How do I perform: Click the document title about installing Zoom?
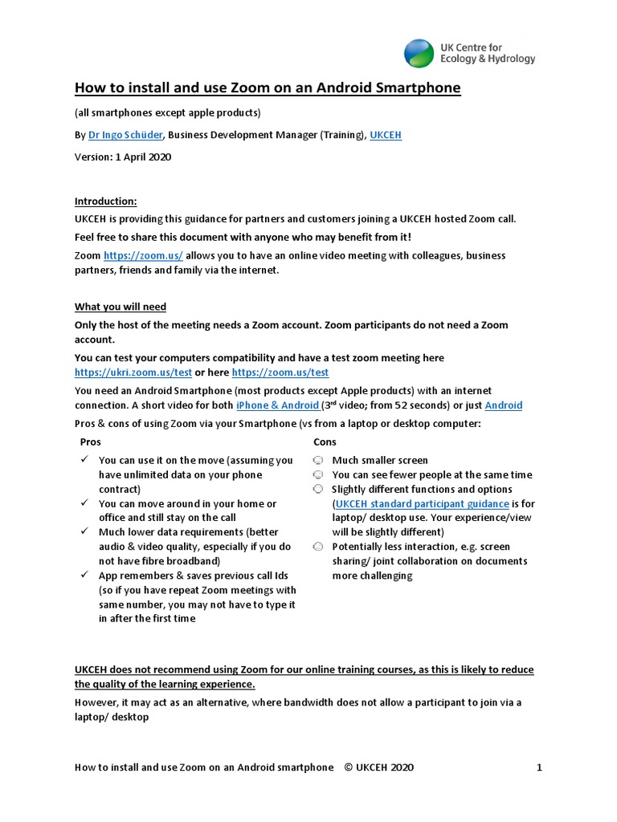tap(268, 87)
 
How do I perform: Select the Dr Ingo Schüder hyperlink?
tap(125, 135)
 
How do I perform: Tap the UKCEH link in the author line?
tap(385, 135)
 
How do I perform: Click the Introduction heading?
tap(106, 201)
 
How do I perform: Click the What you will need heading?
tap(121, 307)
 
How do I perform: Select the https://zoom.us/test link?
tap(280, 372)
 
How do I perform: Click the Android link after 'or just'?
tap(504, 405)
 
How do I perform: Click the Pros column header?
tap(91, 442)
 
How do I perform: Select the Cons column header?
tap(325, 442)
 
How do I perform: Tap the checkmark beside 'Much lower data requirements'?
tap(84, 532)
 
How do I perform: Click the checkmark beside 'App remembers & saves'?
tap(84, 576)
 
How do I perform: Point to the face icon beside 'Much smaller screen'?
tap(318, 461)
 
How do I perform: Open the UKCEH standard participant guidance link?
tap(422, 503)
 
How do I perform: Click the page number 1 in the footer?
tap(539, 767)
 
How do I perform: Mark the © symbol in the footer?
tap(348, 767)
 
